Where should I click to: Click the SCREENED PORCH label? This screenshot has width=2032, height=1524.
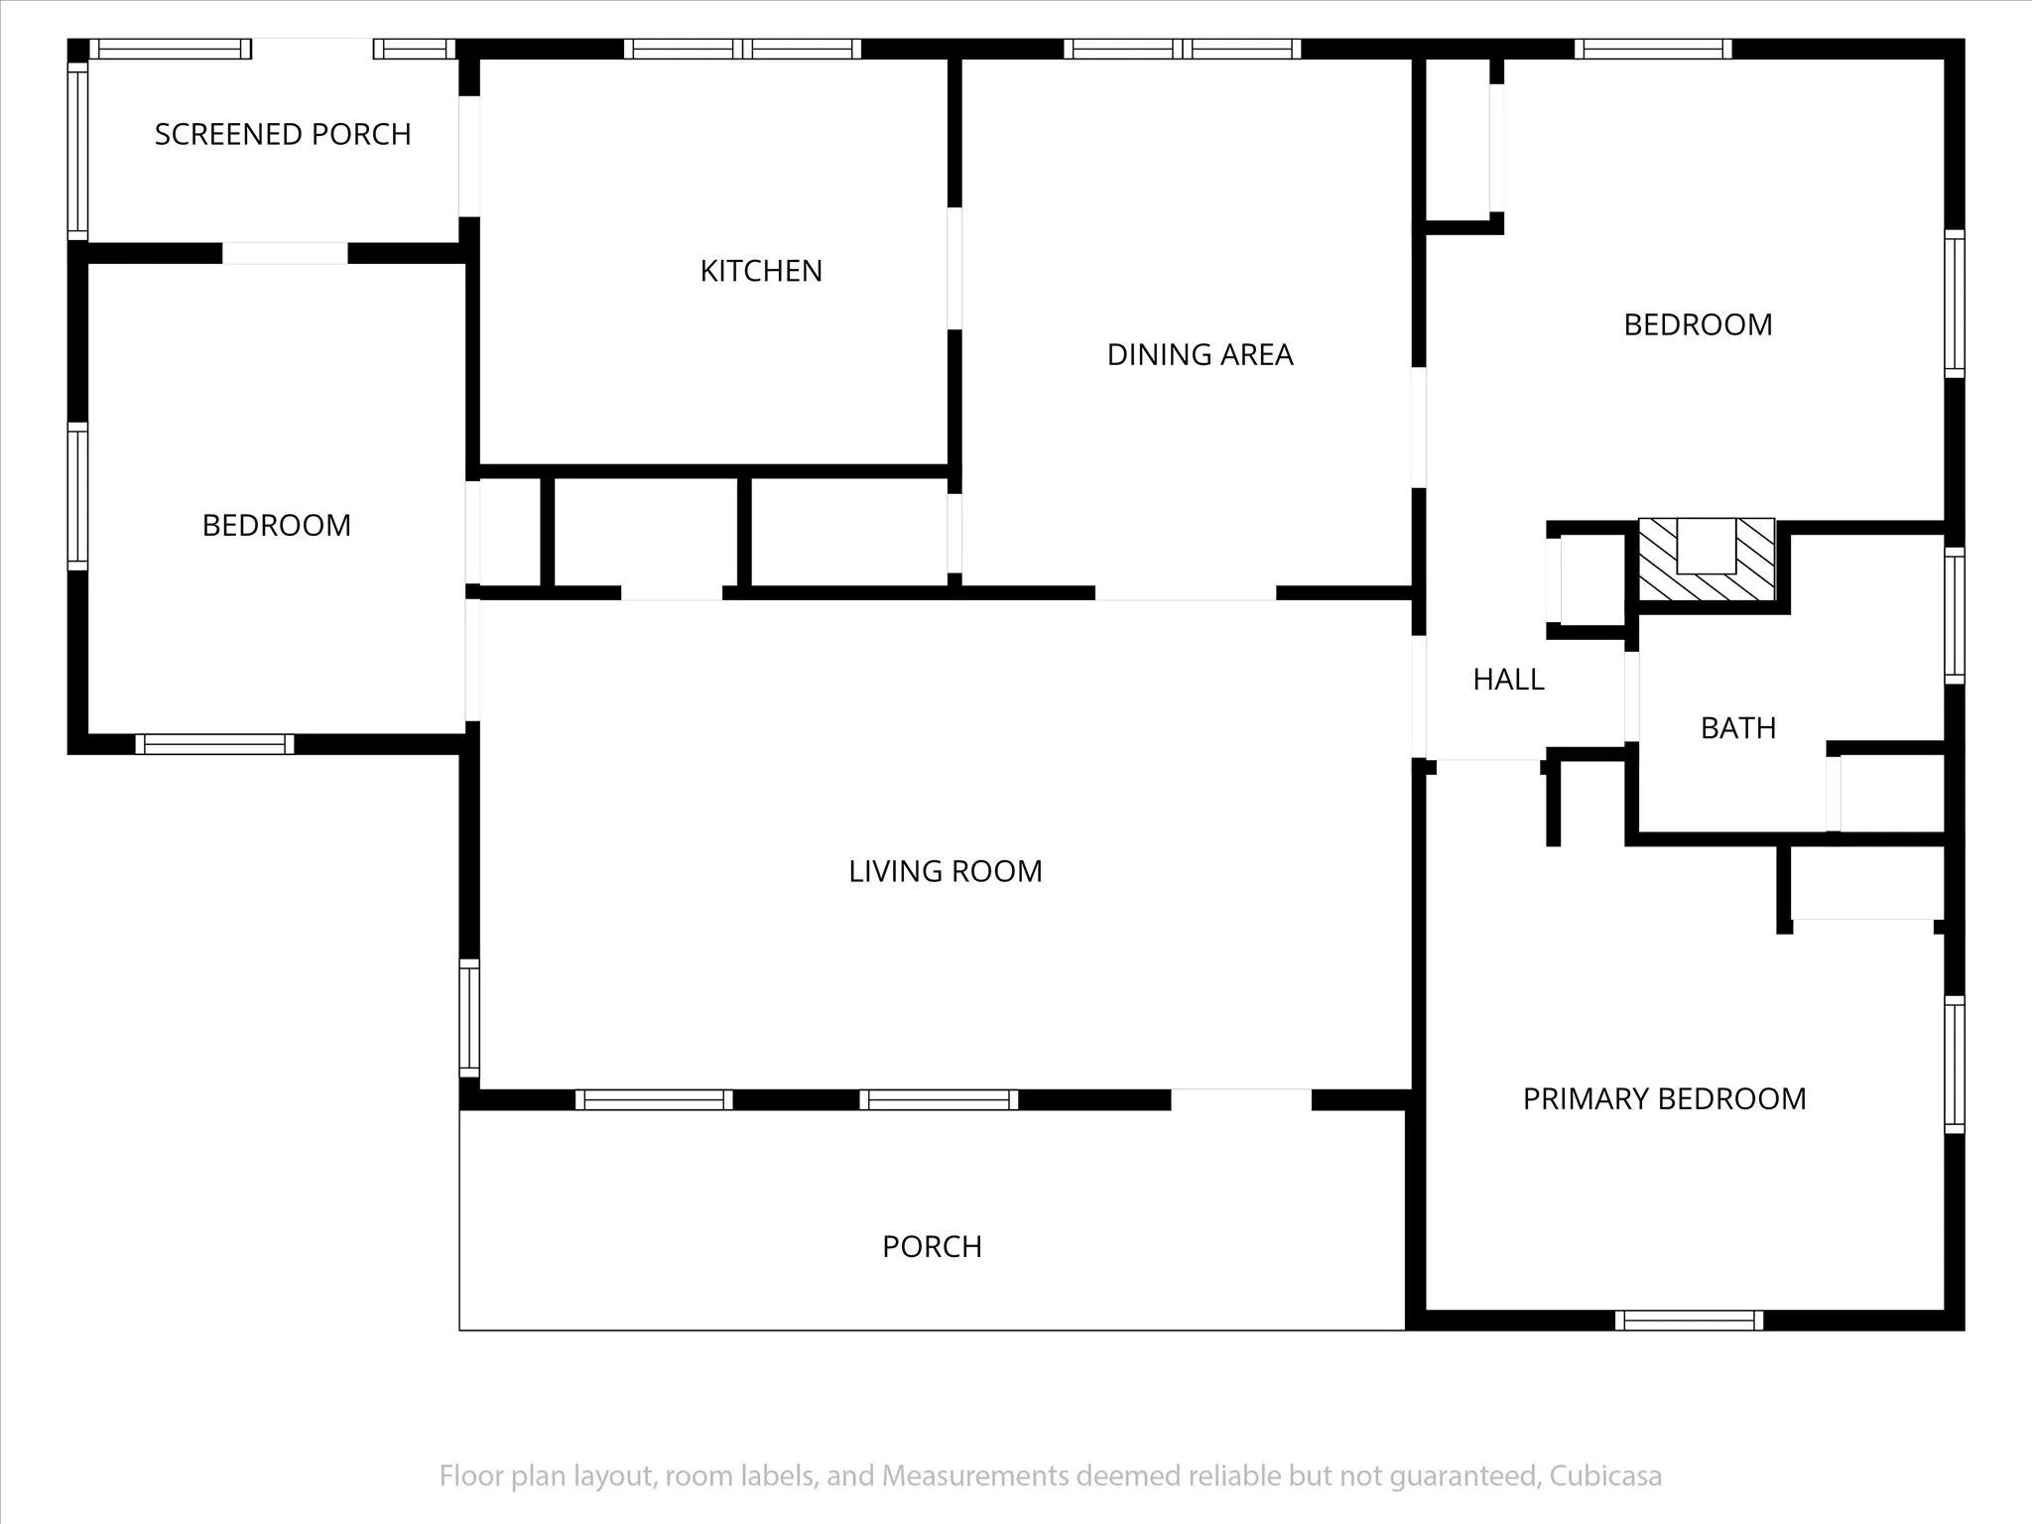coord(283,134)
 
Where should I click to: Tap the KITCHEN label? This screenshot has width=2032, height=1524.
coord(761,271)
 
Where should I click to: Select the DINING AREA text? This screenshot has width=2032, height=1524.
coord(1200,354)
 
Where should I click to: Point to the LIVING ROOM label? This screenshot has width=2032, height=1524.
coord(945,871)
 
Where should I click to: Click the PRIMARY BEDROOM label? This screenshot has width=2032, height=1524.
coord(1664,1098)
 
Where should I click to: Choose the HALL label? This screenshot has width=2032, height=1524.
coord(1508,680)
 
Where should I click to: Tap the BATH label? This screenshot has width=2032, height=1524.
coord(1738,728)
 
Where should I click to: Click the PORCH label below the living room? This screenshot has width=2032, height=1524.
coord(932,1246)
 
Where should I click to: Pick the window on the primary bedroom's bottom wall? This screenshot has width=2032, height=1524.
coord(1689,1321)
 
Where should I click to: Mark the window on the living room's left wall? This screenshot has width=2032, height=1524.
coord(469,1018)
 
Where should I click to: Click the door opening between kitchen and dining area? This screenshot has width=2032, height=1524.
coord(954,268)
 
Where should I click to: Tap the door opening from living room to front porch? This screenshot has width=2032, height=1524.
coord(1241,1099)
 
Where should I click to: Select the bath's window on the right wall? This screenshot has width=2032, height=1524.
coord(1954,615)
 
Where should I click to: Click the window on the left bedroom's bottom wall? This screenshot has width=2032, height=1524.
coord(214,744)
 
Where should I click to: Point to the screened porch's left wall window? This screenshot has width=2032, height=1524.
coord(77,151)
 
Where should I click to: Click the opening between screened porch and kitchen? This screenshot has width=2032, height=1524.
coord(469,156)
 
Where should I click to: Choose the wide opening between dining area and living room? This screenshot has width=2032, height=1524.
coord(1186,593)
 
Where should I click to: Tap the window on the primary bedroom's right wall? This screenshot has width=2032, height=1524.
coord(1954,1065)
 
